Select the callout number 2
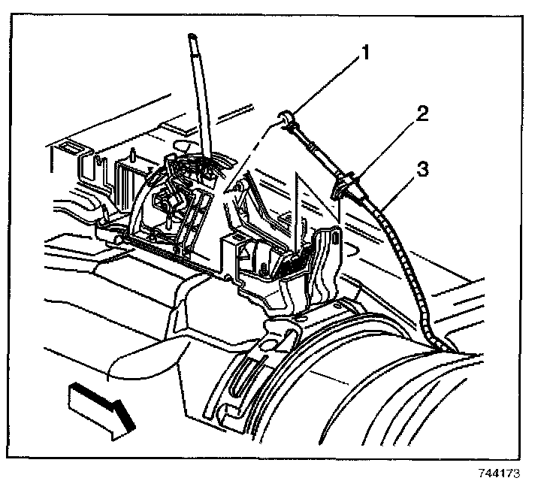click(x=422, y=115)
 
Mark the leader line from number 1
click(x=327, y=85)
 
